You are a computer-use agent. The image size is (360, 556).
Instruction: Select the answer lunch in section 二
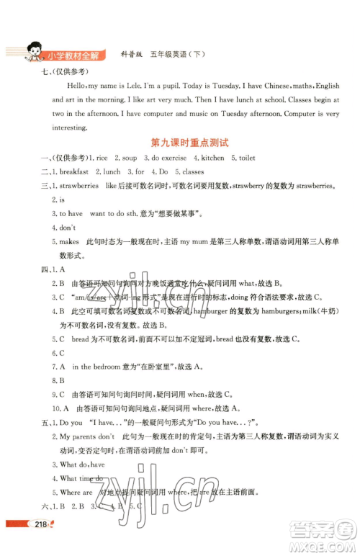click(111, 172)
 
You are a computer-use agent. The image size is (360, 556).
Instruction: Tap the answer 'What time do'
click(81, 478)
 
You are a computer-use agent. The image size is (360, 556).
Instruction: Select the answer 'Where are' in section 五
click(76, 493)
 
